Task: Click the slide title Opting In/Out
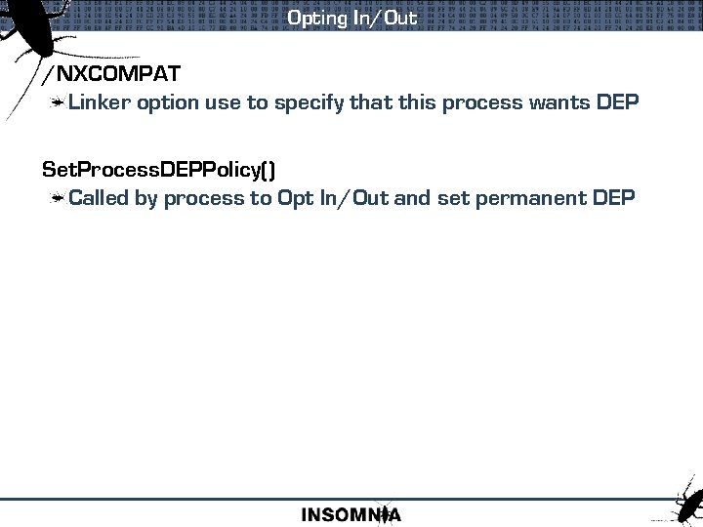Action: (x=351, y=18)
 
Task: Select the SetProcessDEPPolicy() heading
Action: (x=159, y=170)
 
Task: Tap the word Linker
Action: (x=101, y=102)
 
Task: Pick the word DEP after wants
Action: (x=616, y=102)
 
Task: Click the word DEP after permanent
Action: (x=613, y=198)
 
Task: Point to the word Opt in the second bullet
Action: (x=295, y=199)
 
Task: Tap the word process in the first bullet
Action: (x=480, y=103)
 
